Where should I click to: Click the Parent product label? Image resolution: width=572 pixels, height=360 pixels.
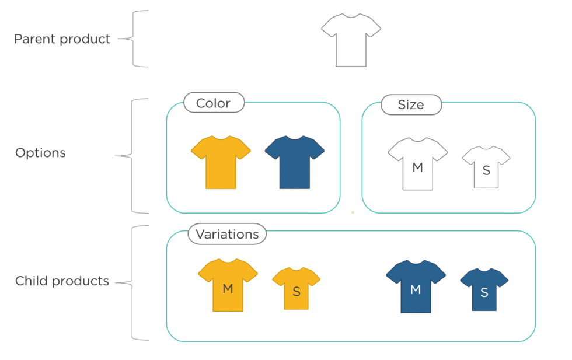pyautogui.click(x=62, y=39)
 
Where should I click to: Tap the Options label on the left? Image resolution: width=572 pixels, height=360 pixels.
pyautogui.click(x=40, y=153)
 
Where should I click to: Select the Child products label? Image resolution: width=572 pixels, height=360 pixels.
pyautogui.click(x=62, y=281)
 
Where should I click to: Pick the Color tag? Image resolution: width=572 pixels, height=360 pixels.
pyautogui.click(x=213, y=103)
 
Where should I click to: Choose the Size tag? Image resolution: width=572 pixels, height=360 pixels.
pyautogui.click(x=411, y=105)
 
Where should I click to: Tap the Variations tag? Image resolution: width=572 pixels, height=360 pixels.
pyautogui.click(x=227, y=234)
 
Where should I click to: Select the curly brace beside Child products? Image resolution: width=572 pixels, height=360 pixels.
pyautogui.click(x=133, y=283)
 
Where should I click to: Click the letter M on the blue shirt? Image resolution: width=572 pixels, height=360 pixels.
pyautogui.click(x=416, y=290)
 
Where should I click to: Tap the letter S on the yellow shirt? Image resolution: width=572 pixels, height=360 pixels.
pyautogui.click(x=297, y=291)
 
